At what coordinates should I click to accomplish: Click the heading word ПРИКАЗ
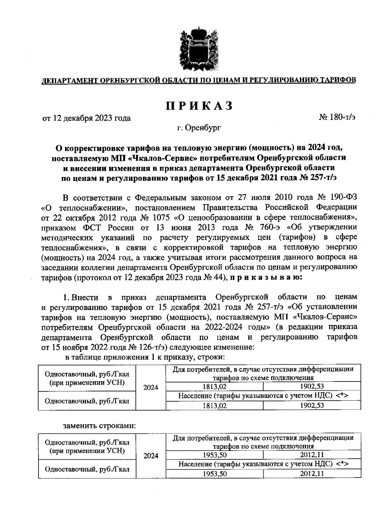[x=199, y=106]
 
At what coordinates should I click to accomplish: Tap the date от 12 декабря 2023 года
[x=87, y=118]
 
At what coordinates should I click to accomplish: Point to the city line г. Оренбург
[x=199, y=128]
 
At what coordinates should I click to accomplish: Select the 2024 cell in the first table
[x=151, y=387]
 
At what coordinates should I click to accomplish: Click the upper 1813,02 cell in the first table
[x=215, y=387]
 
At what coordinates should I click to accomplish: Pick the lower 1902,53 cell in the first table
[x=312, y=406]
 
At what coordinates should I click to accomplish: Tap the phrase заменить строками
[x=99, y=426]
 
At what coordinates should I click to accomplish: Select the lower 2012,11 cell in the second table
[x=312, y=474]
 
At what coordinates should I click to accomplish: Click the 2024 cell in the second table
[x=151, y=456]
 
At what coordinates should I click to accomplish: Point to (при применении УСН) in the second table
[x=87, y=451]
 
